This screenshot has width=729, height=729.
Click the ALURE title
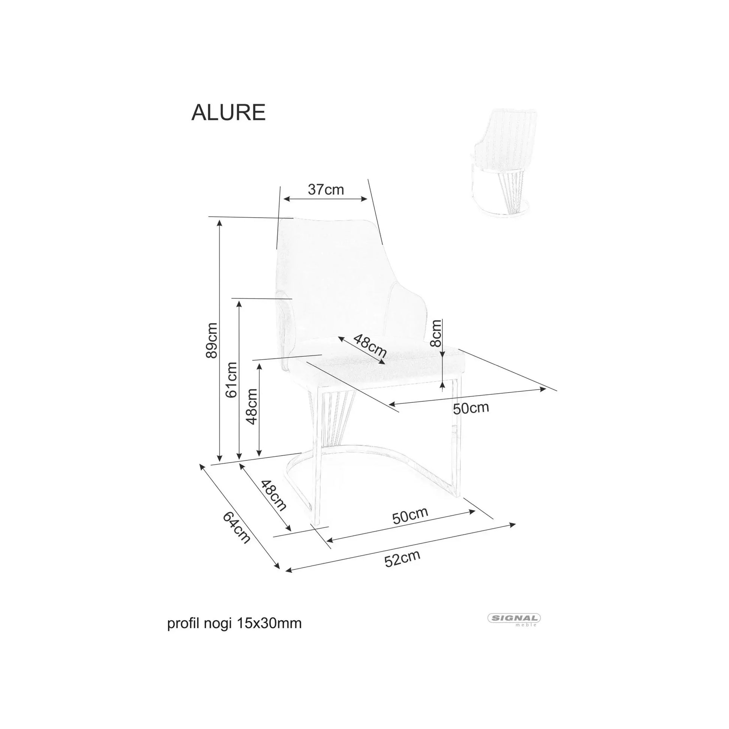[228, 112]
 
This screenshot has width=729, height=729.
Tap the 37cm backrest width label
[326, 190]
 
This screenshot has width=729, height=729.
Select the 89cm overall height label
[212, 341]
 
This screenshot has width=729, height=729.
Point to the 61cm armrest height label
[231, 380]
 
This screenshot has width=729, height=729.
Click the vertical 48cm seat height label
[251, 407]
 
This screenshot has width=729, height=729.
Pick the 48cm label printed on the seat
[370, 346]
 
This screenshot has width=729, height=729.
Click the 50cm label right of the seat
[471, 408]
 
